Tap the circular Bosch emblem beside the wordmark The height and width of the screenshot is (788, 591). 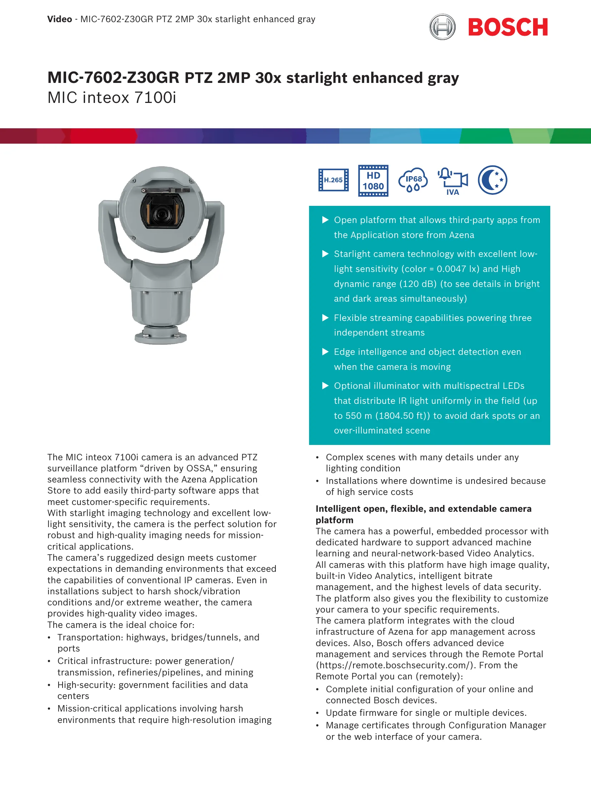[x=442, y=27]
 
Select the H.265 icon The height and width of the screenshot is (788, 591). [x=333, y=180]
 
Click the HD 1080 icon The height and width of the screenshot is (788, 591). [x=373, y=180]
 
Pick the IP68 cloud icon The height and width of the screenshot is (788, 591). [x=413, y=180]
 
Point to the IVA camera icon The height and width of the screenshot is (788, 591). [x=453, y=181]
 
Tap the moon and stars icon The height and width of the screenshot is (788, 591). [x=492, y=180]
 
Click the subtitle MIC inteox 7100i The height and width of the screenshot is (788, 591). [x=112, y=98]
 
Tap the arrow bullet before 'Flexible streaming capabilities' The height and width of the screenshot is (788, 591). [x=325, y=318]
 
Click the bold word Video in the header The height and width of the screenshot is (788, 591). [x=60, y=19]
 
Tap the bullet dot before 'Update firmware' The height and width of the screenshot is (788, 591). [x=318, y=713]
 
